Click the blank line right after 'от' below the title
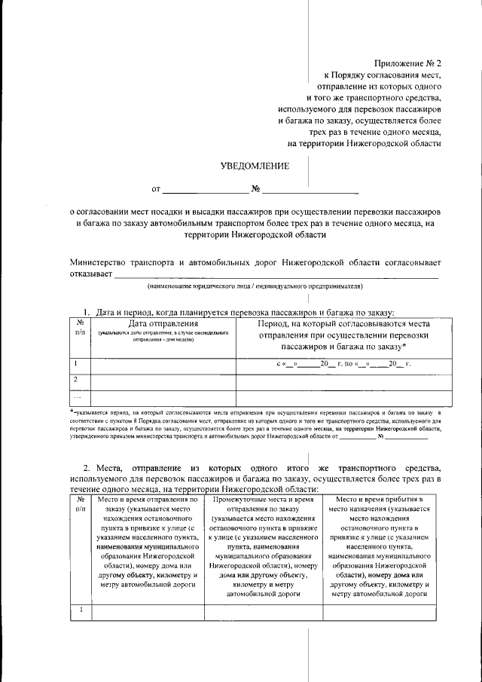206,188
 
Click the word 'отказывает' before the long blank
90,274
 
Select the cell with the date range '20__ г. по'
344,364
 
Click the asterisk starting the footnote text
71,413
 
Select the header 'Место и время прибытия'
379,499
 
